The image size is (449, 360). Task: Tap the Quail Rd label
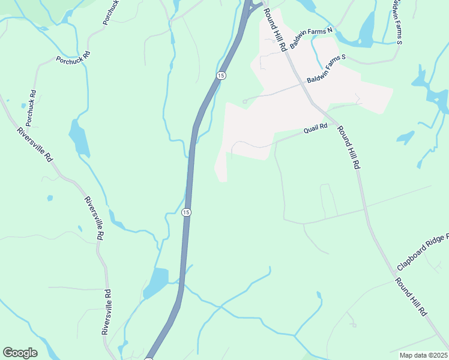(315, 128)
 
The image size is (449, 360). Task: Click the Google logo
(20, 352)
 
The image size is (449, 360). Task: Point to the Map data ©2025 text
(423, 355)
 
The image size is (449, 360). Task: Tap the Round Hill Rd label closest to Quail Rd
(348, 147)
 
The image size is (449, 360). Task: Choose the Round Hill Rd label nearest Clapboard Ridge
(411, 296)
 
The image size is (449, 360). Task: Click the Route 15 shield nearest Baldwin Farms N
(221, 75)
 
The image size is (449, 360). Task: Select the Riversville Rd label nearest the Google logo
(106, 312)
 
